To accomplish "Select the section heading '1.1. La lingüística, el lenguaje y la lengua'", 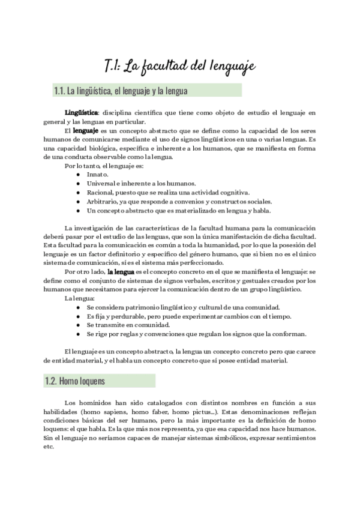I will tap(121, 91).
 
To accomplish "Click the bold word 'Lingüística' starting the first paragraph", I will tap(81, 112).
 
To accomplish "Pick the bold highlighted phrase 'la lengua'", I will tap(121, 272).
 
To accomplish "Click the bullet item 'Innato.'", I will tap(98, 174).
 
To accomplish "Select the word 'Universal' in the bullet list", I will tap(101, 183).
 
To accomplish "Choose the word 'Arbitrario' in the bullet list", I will tap(102, 202).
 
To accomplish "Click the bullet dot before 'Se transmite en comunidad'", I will tap(78, 325).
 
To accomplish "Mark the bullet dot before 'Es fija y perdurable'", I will tap(78, 316).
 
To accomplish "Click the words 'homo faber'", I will tap(143, 412).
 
